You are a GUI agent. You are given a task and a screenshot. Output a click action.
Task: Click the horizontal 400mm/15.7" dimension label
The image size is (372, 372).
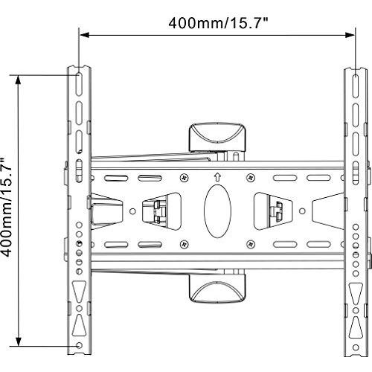[x=218, y=23]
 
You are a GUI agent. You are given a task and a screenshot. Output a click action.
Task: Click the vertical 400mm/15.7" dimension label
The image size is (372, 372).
[x=7, y=207]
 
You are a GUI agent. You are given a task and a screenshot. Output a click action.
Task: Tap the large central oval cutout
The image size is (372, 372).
[x=217, y=211]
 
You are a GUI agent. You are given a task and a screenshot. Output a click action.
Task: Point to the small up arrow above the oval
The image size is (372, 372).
[x=217, y=177]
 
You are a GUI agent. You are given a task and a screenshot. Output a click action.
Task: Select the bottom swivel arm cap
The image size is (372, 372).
[x=217, y=289]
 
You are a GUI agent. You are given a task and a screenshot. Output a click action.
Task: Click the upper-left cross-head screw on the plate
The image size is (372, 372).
[x=184, y=178]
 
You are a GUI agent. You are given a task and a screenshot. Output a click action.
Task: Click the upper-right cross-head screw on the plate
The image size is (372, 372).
[x=251, y=178]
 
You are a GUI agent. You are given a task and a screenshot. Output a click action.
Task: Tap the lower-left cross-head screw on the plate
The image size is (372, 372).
[x=184, y=244]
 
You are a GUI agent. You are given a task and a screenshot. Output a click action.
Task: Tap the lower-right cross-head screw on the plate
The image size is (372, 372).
[x=251, y=244]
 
